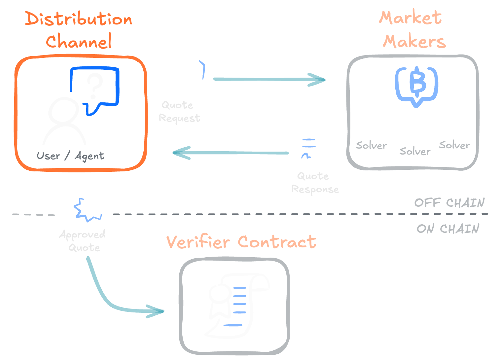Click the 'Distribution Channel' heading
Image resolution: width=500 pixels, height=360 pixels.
coord(79,30)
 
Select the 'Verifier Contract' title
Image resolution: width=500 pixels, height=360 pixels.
coord(241,242)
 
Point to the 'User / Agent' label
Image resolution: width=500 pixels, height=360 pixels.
coord(70,156)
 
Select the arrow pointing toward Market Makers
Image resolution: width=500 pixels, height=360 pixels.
coord(269,80)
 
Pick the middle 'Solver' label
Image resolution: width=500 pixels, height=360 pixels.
coord(415,152)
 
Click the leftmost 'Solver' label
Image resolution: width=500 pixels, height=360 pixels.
coord(371,145)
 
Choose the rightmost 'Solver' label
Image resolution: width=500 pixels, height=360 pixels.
coord(454,145)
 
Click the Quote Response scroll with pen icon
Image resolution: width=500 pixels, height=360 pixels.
coord(309,146)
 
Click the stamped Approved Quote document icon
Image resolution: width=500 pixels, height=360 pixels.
coord(82,201)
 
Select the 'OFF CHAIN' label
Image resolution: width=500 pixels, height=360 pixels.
coord(449,202)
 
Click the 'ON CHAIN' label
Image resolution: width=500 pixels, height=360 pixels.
coord(448,229)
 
